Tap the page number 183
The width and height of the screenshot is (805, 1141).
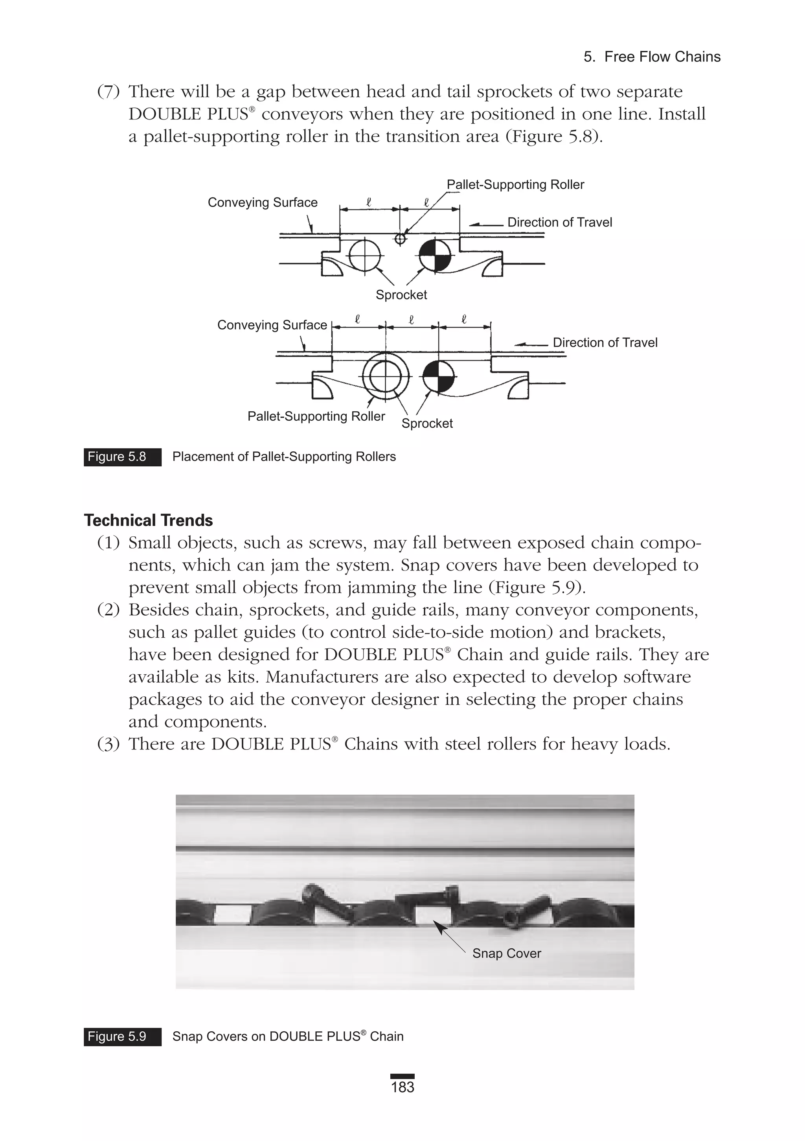coord(402,1087)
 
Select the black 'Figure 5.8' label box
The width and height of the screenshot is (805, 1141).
coord(122,457)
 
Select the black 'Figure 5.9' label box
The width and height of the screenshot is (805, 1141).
coord(122,1036)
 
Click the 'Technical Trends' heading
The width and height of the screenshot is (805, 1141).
coord(148,520)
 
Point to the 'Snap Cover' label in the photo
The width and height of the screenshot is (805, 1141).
coord(506,953)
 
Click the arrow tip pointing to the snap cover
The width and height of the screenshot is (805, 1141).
coord(435,922)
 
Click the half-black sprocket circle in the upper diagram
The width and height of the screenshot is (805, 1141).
coord(435,256)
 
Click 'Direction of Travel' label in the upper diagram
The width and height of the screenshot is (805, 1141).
coord(559,222)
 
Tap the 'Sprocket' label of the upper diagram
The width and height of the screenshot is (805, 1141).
coord(401,295)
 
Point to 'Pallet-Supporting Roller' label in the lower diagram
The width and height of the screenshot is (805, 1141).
coord(316,416)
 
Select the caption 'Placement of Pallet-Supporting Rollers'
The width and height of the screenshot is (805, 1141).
coord(284,457)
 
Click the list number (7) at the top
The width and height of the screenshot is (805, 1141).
coord(108,92)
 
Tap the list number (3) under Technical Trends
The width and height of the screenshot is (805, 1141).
coord(108,744)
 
